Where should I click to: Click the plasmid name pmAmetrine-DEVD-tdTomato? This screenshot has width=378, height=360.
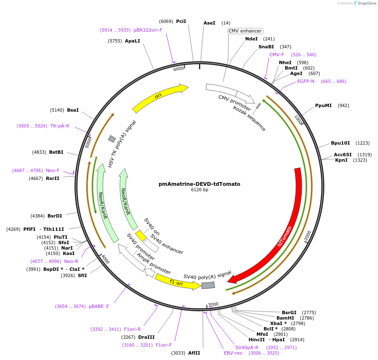tap(199, 184)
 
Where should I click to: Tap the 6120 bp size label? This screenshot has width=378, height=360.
tap(199, 190)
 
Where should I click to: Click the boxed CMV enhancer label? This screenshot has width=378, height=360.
tap(245, 31)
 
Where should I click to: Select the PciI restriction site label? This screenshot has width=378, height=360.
tap(181, 21)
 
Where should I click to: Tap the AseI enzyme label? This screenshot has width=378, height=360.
tap(209, 23)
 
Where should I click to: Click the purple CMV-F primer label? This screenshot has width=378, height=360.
tap(276, 55)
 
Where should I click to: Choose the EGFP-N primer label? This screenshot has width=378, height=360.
tap(306, 81)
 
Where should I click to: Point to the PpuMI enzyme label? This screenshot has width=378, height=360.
tap(323, 105)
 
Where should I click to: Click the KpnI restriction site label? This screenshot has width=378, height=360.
tap(341, 160)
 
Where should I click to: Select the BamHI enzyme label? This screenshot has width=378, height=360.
tap(285, 318)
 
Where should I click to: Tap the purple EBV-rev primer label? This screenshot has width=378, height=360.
tap(233, 353)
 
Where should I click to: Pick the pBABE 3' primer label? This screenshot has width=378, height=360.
tap(99, 306)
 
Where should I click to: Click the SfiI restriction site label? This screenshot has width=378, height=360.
tap(82, 275)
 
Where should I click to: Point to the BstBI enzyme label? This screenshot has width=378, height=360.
tap(56, 152)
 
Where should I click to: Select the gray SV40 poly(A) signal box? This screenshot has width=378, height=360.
tap(208, 285)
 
